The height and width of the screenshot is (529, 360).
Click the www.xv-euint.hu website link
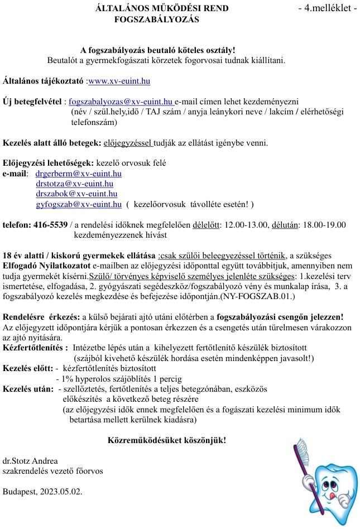click(119, 81)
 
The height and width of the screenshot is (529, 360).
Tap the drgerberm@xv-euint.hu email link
click(79, 174)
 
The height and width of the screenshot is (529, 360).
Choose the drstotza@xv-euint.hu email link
click(75, 184)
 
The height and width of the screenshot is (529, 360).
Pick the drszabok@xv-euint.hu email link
click(76, 194)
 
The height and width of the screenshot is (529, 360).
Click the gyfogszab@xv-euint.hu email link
click(79, 204)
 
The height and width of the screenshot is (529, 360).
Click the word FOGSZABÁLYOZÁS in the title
click(156, 20)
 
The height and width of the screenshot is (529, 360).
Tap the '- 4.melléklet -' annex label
click(328, 9)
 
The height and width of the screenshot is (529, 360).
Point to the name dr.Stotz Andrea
click(30, 461)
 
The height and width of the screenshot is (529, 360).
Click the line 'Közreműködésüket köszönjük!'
click(166, 440)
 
